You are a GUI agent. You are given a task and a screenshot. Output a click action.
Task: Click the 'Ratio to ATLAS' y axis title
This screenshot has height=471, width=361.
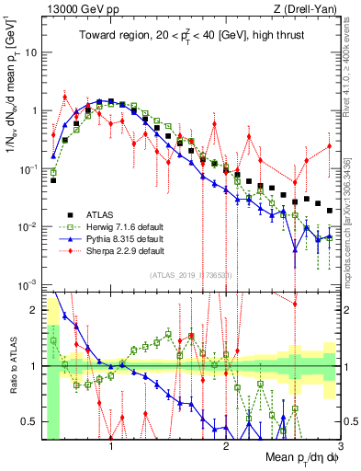pos(10,368)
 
